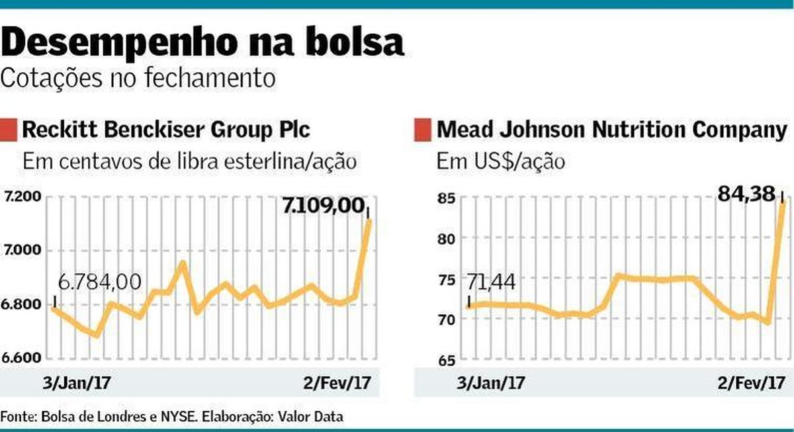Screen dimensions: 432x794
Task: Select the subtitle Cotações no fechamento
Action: pyautogui.click(x=138, y=78)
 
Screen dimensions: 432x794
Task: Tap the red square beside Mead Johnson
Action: pyautogui.click(x=421, y=129)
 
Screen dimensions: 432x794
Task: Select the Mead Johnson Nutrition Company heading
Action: pyautogui.click(x=611, y=129)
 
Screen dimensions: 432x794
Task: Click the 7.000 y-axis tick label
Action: pyautogui.click(x=23, y=251)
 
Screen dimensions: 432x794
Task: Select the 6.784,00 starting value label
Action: pyautogui.click(x=99, y=282)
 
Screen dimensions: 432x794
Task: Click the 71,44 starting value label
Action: pyautogui.click(x=491, y=283)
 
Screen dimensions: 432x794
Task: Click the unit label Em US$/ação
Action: pyautogui.click(x=500, y=161)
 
